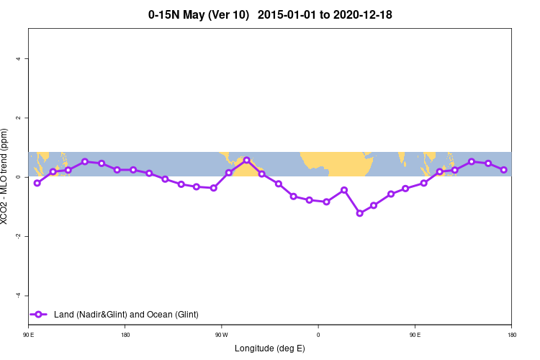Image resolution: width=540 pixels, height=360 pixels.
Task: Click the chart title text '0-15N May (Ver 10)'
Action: (198, 14)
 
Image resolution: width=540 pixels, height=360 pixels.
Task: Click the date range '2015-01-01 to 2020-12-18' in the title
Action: (335, 14)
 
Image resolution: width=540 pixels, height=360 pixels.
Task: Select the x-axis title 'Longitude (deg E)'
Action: (270, 348)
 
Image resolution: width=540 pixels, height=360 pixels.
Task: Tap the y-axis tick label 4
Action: (18, 58)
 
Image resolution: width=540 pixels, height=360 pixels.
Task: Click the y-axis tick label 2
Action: (18, 117)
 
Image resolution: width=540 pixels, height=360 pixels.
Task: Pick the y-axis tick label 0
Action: (18, 177)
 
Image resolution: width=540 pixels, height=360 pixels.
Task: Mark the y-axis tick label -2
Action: (17, 236)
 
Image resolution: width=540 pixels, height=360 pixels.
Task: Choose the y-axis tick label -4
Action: (17, 295)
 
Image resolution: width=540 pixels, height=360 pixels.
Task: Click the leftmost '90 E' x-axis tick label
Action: (29, 335)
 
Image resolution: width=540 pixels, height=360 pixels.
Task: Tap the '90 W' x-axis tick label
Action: (221, 335)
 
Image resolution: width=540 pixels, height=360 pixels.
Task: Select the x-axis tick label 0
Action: (318, 335)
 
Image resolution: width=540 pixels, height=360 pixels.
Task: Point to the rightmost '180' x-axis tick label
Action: (511, 335)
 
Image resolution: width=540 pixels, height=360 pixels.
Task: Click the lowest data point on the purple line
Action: (360, 213)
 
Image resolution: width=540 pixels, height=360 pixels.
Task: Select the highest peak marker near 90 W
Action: (246, 160)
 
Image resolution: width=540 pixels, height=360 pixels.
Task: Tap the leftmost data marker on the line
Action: (37, 183)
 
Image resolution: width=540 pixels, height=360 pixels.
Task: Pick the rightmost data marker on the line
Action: (504, 170)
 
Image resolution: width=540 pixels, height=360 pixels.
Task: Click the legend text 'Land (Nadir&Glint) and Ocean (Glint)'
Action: (126, 315)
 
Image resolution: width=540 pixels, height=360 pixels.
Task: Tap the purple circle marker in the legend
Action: (39, 315)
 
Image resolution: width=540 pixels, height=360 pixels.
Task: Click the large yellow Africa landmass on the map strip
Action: (338, 162)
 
